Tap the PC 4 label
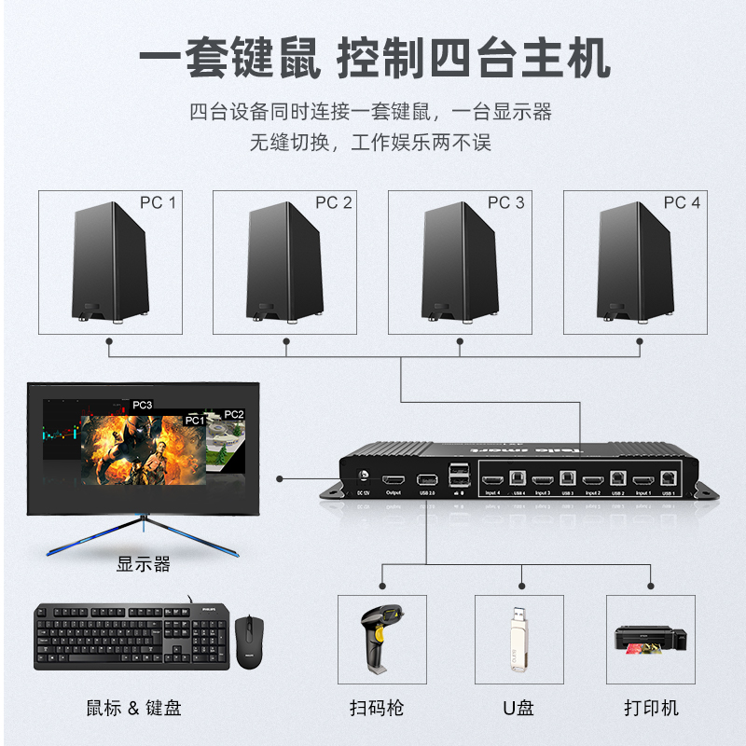[x=682, y=202]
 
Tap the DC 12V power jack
[x=364, y=476]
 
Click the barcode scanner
[x=381, y=639]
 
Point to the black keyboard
[x=131, y=636]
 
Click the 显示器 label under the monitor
[x=143, y=564]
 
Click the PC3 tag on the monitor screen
[x=143, y=406]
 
